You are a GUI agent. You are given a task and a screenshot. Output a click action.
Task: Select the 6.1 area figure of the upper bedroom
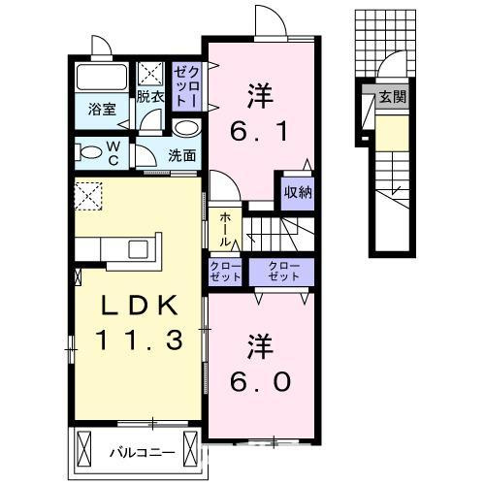tap(257, 129)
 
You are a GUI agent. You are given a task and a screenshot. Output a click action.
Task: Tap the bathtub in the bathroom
tap(101, 80)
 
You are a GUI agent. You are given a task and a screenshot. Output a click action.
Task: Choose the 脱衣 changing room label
tap(149, 97)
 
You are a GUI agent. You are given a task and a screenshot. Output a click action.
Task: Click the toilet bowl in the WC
tap(90, 151)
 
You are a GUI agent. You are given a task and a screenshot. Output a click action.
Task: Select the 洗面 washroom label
tap(181, 154)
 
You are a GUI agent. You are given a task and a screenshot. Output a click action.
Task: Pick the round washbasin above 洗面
tap(187, 127)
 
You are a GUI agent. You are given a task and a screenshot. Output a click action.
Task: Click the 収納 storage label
tap(298, 191)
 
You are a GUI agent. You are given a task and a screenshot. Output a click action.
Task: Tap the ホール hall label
tap(224, 231)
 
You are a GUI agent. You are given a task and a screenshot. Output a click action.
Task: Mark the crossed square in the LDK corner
tap(89, 194)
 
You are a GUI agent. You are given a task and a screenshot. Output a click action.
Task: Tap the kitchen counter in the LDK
tap(122, 247)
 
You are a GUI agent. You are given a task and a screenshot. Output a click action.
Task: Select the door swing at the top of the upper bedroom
tap(269, 21)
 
